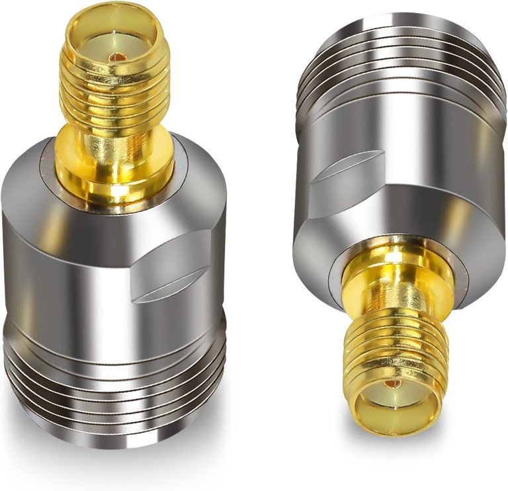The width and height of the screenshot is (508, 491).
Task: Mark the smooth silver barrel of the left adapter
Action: (79, 265)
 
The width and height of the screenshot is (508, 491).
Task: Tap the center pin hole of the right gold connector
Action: (393, 384)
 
